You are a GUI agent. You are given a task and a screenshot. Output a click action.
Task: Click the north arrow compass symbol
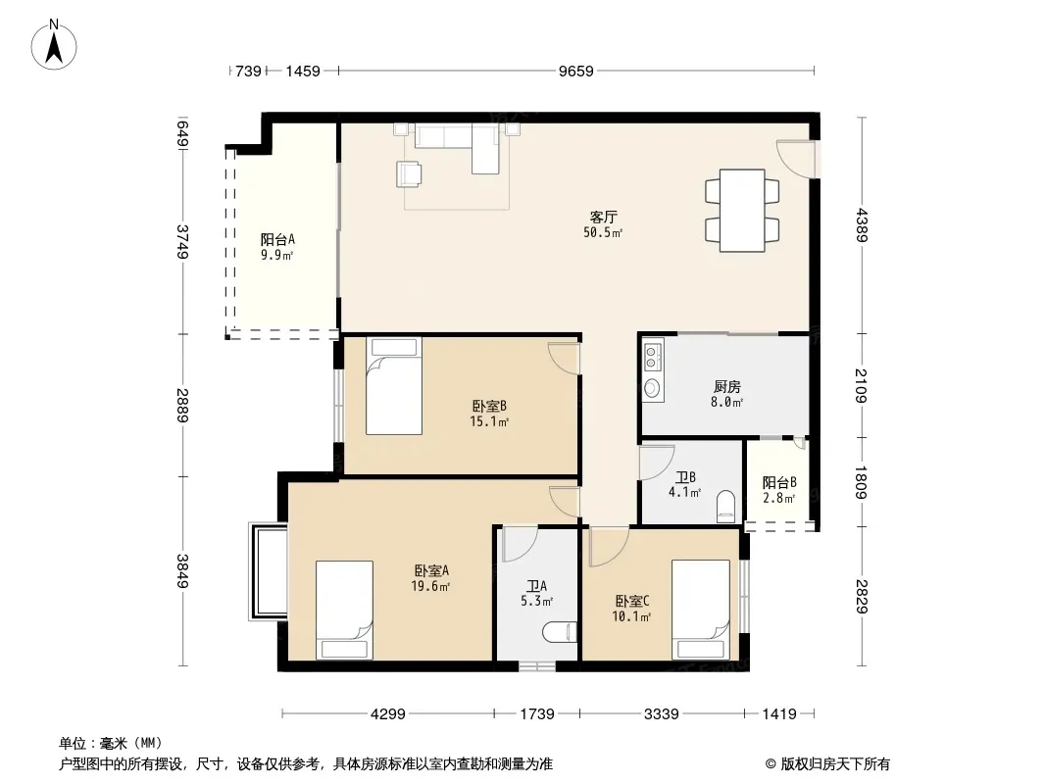[x=54, y=45]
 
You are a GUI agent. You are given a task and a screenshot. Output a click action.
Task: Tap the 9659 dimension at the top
[x=575, y=71]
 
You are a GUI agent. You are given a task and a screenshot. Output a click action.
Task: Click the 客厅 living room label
[x=603, y=217]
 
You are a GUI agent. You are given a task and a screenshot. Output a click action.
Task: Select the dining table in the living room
[x=742, y=211]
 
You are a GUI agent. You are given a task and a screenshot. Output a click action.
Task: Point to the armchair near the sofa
[x=409, y=174]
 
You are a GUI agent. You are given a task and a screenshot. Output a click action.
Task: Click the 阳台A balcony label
[x=277, y=239]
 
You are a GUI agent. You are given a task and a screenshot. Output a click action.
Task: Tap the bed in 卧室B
[x=394, y=386]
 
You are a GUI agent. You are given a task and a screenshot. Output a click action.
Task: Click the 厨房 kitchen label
[x=727, y=386]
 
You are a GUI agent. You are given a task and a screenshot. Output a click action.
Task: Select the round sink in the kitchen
[x=653, y=388]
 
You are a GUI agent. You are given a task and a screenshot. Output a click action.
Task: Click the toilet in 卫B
[x=725, y=507]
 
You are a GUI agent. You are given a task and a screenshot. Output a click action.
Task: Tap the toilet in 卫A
[x=560, y=631]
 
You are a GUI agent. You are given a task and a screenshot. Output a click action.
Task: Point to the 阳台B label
[x=779, y=482]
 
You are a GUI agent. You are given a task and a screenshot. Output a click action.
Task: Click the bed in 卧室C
[x=701, y=610]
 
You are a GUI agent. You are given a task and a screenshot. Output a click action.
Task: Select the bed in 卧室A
[x=344, y=610]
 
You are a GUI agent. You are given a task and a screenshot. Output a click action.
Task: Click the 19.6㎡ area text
[x=430, y=586]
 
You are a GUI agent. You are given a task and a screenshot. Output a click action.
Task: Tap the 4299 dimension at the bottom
[x=388, y=714]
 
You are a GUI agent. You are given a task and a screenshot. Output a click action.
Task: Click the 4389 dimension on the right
[x=862, y=225]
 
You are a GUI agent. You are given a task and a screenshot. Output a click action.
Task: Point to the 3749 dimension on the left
[x=182, y=242]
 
